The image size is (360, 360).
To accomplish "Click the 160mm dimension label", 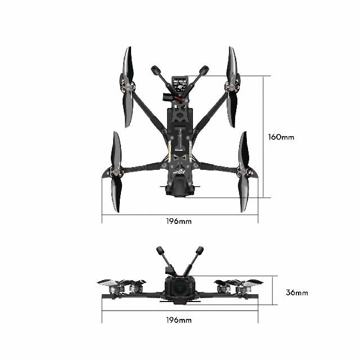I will (x=281, y=137).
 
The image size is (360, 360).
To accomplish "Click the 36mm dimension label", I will (x=296, y=292).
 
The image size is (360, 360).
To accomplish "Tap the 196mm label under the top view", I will (x=179, y=221).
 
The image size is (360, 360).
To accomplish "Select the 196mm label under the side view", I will (x=179, y=320).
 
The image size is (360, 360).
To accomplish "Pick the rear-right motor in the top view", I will (x=244, y=172).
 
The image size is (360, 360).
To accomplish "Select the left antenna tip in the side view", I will (x=160, y=250).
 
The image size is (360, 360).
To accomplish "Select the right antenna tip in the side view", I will (x=199, y=250).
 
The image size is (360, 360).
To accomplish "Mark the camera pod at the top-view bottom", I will (x=179, y=188).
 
